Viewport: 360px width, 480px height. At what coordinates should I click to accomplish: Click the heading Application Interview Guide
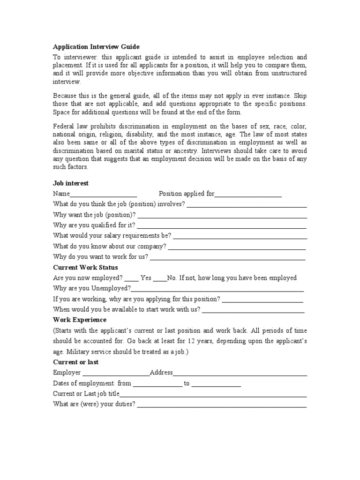click(97, 47)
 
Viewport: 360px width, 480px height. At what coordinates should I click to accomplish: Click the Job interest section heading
click(71, 183)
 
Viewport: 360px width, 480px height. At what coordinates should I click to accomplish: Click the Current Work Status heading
click(85, 267)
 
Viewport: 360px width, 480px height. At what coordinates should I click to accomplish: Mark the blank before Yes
click(132, 278)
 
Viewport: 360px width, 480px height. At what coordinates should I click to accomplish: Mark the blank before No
click(160, 278)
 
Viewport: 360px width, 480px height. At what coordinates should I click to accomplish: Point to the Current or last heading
click(76, 362)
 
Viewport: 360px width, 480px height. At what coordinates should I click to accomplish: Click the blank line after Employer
click(116, 374)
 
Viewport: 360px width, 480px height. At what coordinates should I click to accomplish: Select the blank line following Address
click(240, 374)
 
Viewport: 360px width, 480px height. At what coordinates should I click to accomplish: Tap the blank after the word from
click(157, 384)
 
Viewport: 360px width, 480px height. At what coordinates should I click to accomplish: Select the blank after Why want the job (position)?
click(222, 216)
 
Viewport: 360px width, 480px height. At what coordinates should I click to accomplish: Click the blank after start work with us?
click(253, 310)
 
